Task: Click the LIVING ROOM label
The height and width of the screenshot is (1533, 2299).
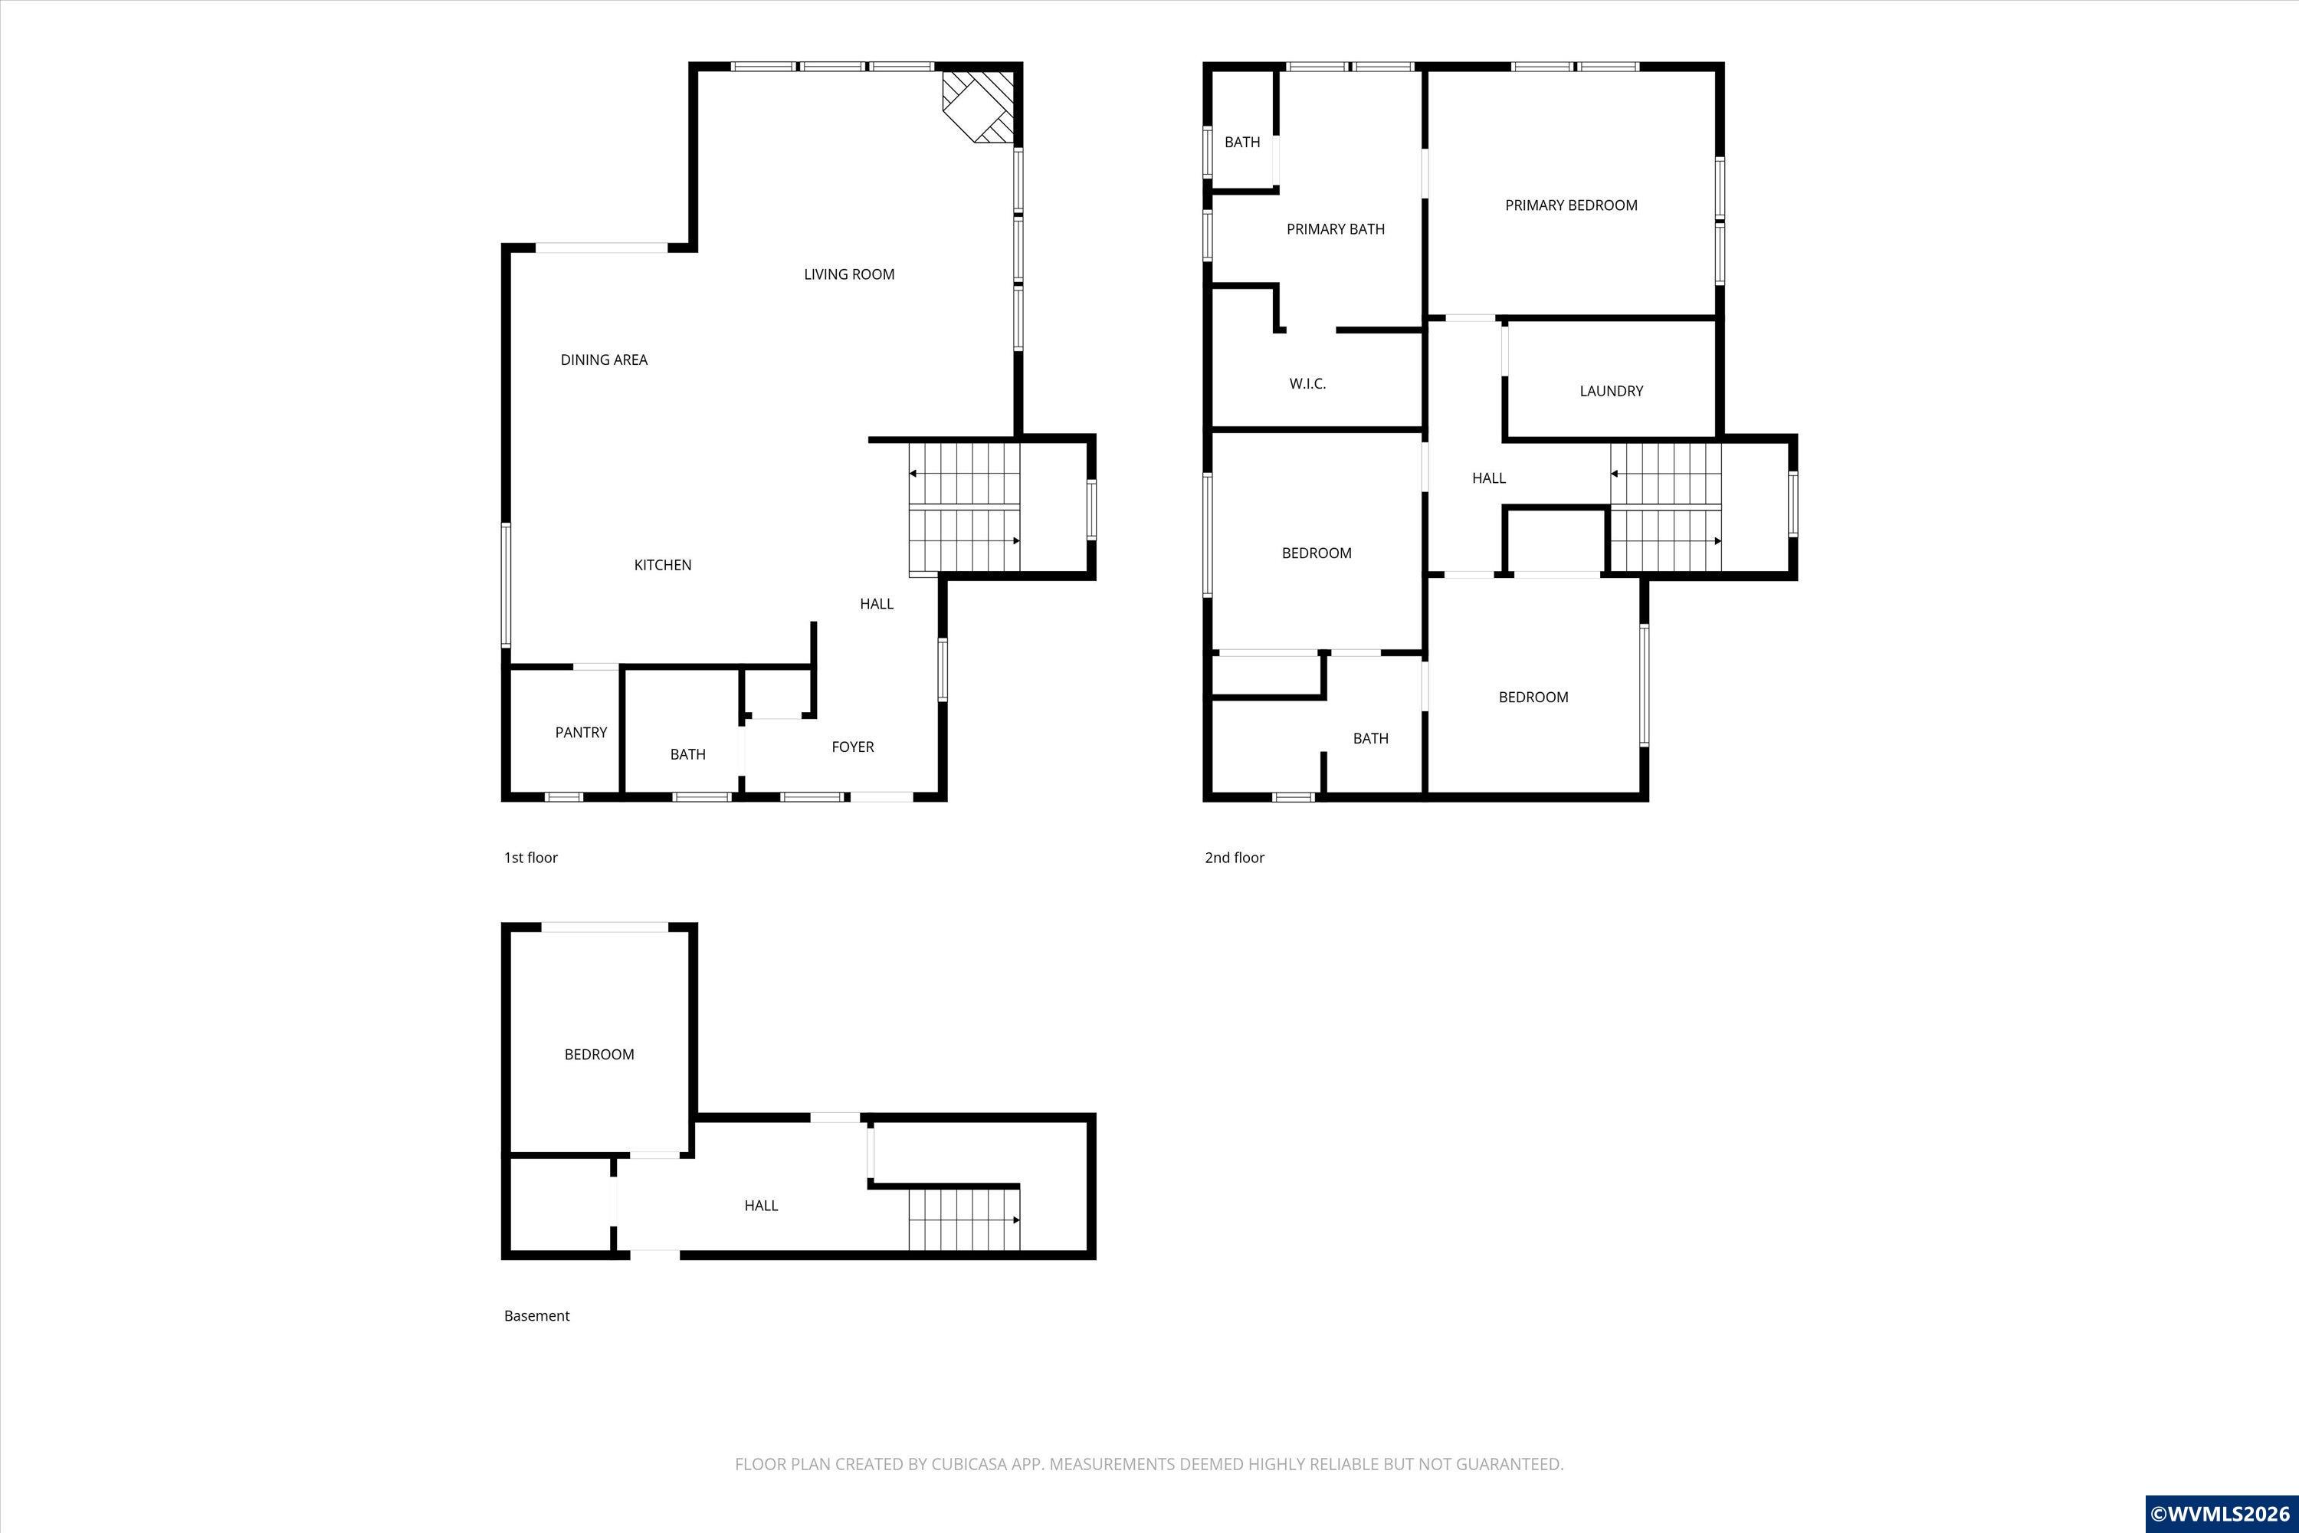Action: (x=848, y=274)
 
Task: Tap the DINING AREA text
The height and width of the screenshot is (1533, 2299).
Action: (x=604, y=359)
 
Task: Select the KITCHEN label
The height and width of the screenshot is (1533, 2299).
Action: (x=663, y=565)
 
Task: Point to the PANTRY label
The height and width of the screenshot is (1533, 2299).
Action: (x=581, y=732)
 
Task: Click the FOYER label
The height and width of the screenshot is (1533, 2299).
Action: (x=852, y=747)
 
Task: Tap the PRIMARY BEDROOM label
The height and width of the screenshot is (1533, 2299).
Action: (x=1571, y=205)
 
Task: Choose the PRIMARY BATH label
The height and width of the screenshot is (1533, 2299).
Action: (x=1335, y=228)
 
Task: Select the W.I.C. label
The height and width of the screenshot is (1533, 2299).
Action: (x=1307, y=384)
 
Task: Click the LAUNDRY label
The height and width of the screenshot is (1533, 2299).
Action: (x=1611, y=391)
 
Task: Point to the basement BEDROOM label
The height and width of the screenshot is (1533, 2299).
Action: (x=599, y=1054)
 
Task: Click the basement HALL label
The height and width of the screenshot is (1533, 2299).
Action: (x=760, y=1206)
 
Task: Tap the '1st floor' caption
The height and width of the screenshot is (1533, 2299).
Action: (x=531, y=858)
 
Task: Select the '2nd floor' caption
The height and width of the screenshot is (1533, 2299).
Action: (x=1235, y=858)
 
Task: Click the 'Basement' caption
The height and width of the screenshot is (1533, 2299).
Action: (x=536, y=1316)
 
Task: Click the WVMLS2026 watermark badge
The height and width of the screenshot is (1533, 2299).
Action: (x=2221, y=1513)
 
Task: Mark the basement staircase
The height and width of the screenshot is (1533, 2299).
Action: (x=965, y=1220)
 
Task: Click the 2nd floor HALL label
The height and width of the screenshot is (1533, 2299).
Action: (x=1489, y=478)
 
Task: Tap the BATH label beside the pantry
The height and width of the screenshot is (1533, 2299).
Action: (x=687, y=755)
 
